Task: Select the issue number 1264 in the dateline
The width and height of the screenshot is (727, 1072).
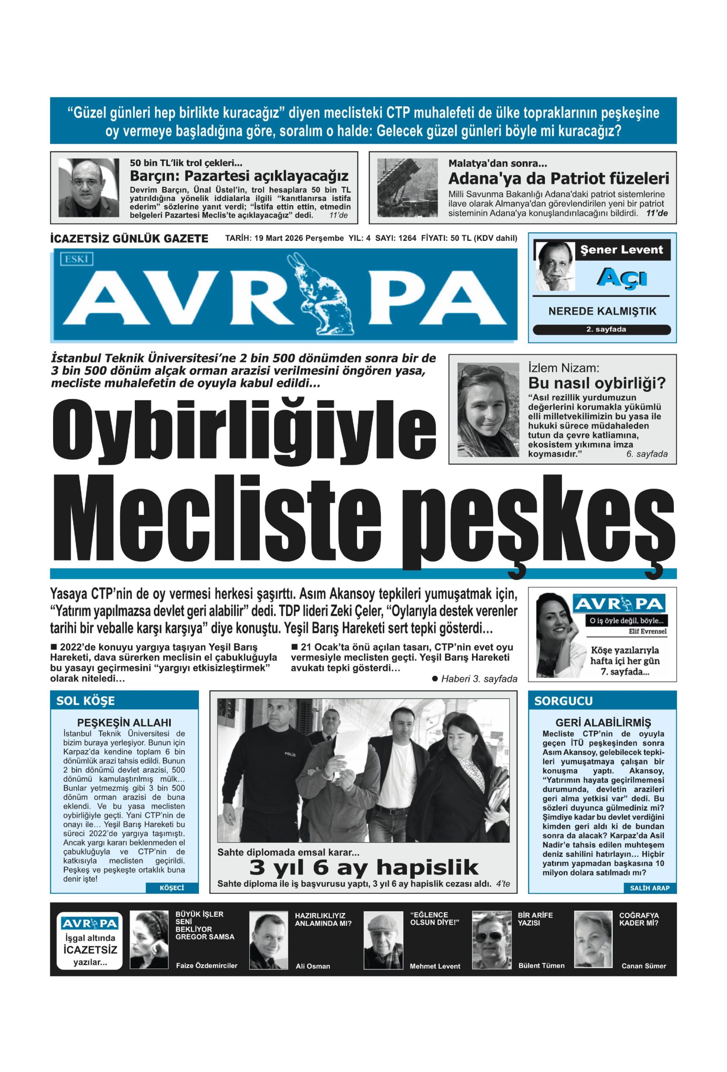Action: tap(407, 238)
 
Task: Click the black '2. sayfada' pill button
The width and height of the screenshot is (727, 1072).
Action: tap(601, 330)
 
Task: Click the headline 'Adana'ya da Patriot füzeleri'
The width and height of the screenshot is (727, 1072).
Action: tap(558, 178)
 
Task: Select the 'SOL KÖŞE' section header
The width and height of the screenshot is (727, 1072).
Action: tap(86, 701)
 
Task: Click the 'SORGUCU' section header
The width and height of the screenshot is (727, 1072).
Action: tap(556, 701)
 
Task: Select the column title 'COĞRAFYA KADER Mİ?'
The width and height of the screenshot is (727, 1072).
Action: tap(639, 919)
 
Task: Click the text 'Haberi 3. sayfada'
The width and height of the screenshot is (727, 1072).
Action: tap(479, 678)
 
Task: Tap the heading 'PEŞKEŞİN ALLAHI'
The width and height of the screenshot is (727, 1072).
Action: tap(124, 722)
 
